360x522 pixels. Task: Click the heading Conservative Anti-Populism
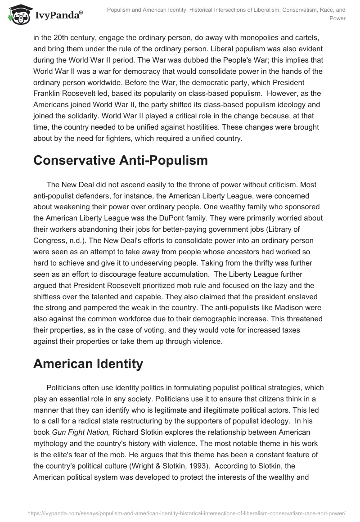[x=121, y=161]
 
